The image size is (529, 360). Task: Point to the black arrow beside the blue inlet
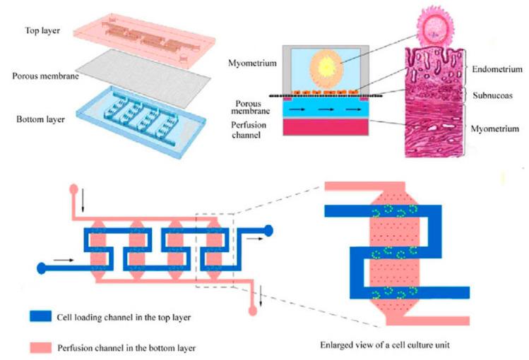(64, 260)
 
